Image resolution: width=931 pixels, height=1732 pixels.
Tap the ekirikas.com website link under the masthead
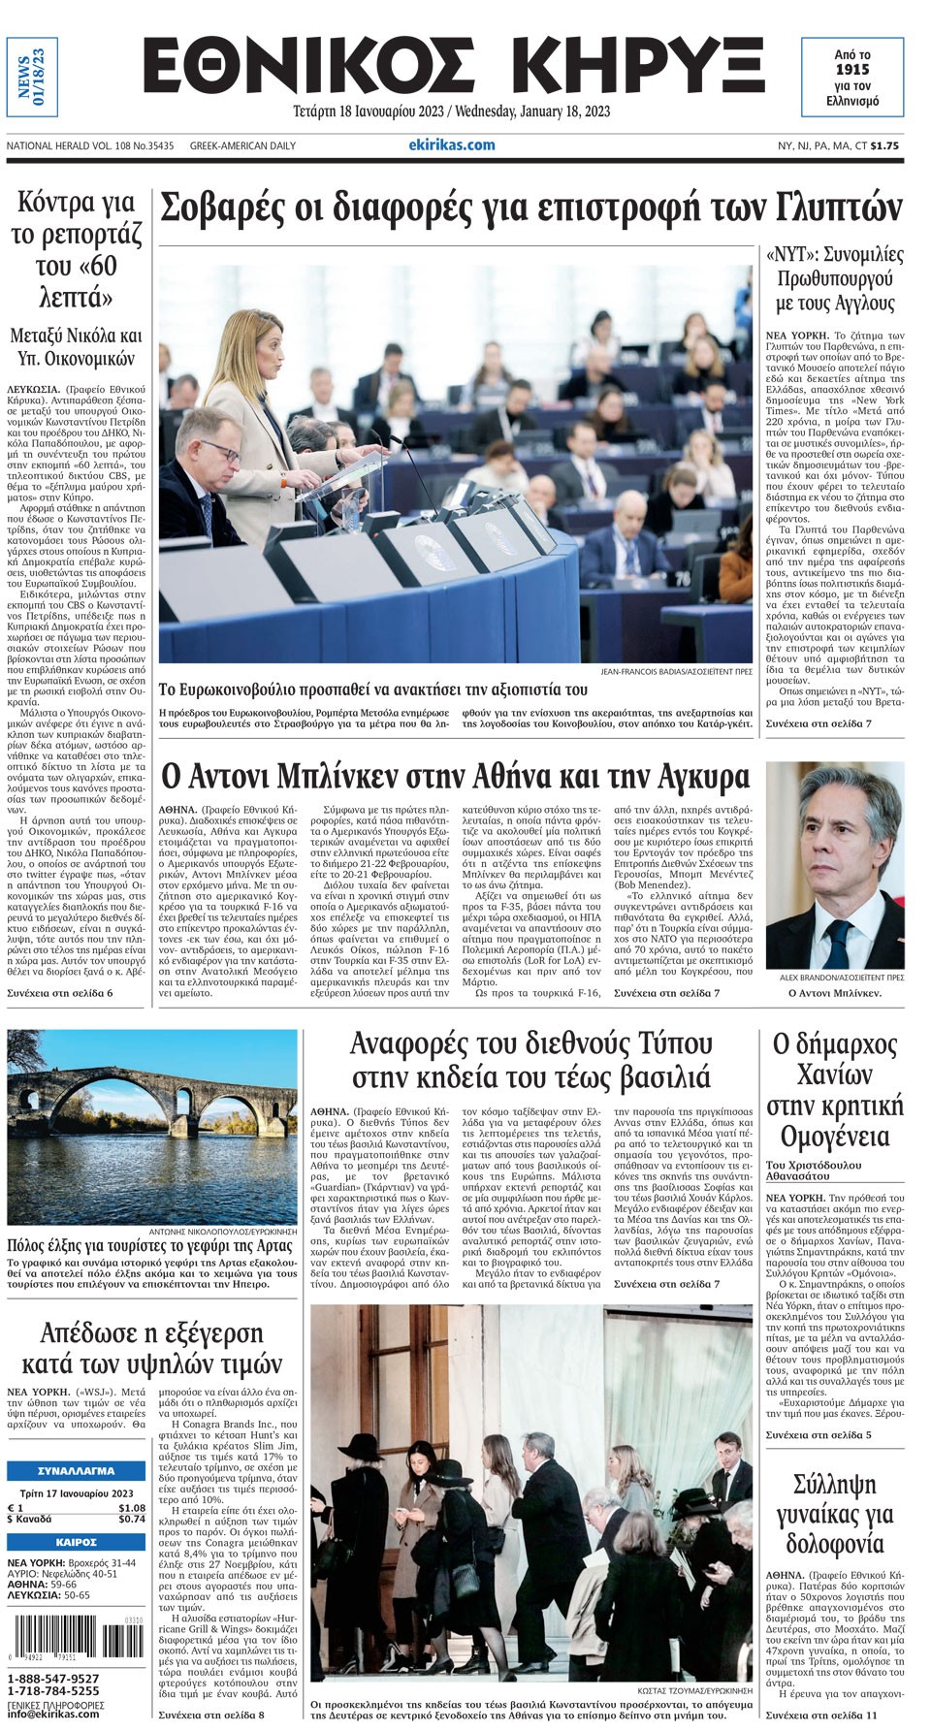click(x=452, y=144)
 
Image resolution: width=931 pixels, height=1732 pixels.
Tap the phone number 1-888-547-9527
click(x=53, y=1679)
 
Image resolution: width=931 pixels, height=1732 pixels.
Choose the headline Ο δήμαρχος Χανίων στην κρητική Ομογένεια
click(x=834, y=1091)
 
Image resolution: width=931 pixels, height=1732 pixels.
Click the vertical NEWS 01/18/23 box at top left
click(x=32, y=77)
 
